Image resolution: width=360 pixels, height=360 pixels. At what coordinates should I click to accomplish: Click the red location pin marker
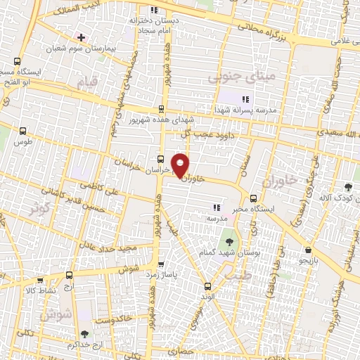point(181,164)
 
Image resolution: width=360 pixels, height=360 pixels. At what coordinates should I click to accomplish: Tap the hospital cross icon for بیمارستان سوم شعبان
point(82,37)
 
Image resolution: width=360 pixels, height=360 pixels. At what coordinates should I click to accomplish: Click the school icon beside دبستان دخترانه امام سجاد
point(154,10)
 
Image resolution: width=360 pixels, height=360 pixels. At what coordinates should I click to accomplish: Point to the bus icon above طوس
point(23,130)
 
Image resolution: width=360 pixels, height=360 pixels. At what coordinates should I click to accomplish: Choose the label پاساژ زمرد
point(162,275)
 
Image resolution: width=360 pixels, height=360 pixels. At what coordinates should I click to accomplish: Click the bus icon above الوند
point(207,285)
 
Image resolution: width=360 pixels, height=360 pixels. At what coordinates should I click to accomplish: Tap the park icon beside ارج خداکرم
point(85,335)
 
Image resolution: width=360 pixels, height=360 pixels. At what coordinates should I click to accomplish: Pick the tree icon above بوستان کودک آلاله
point(349,186)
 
